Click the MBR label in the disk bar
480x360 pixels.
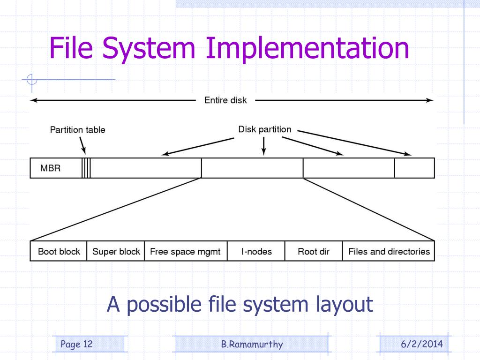(x=50, y=168)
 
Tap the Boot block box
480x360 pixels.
(x=59, y=251)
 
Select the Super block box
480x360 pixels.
(x=116, y=251)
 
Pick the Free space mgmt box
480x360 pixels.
(x=186, y=251)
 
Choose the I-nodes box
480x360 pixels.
(x=256, y=251)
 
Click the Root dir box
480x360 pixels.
(x=314, y=251)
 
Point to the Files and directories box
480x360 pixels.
(x=389, y=251)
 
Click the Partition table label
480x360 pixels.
(x=77, y=130)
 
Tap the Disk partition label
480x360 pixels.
(x=264, y=129)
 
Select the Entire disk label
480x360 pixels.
(x=225, y=100)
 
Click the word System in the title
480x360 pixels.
(x=149, y=48)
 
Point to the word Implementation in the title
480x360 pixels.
(x=307, y=48)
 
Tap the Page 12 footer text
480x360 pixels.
(x=76, y=344)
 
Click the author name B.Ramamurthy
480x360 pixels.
(x=252, y=344)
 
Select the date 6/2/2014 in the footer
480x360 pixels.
(x=422, y=344)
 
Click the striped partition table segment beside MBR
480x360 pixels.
(x=86, y=168)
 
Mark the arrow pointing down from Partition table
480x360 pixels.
(x=82, y=145)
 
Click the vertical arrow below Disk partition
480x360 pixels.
(x=263, y=146)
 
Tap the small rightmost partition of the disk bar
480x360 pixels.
(x=414, y=168)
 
